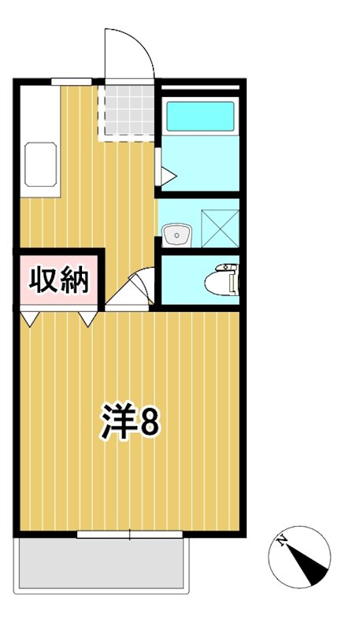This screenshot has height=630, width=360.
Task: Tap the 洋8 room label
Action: (130, 422)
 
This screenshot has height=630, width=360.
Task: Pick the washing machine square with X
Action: (219, 224)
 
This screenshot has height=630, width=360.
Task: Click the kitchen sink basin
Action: (42, 164)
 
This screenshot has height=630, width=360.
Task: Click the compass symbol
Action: (299, 556)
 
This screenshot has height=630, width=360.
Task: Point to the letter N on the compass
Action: (283, 541)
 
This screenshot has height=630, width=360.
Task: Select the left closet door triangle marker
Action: (30, 318)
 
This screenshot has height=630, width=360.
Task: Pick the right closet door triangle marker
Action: (87, 318)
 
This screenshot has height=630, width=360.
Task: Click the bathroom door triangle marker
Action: (168, 174)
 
